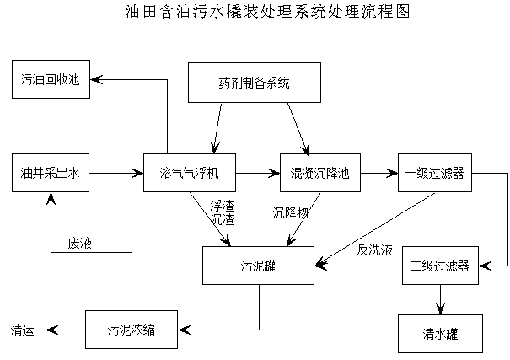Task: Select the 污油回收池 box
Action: [x=51, y=80]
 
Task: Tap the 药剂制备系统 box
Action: [x=254, y=83]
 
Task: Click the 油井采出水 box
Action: [x=51, y=174]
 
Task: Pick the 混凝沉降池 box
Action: [x=319, y=174]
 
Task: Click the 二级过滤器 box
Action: [x=439, y=266]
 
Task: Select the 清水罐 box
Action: [x=439, y=333]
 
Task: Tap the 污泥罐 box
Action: [x=258, y=266]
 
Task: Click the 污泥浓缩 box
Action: [x=131, y=329]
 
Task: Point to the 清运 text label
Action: [x=23, y=330]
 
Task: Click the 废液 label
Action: [x=81, y=244]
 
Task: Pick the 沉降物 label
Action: [x=291, y=212]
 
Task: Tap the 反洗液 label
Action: [x=374, y=250]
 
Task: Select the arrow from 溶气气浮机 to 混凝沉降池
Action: [x=258, y=174]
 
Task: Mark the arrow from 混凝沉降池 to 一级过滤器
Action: [x=378, y=174]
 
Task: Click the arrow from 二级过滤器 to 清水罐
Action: [x=439, y=299]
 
